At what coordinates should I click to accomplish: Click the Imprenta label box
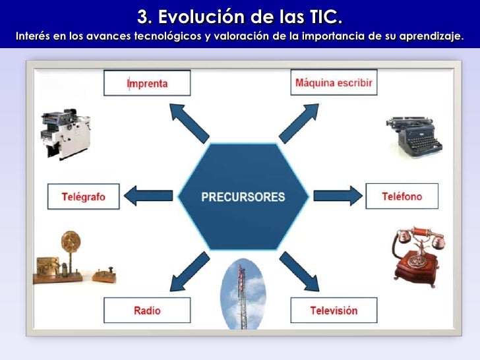pyautogui.click(x=147, y=83)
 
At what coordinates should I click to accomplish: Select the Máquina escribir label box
pyautogui.click(x=334, y=83)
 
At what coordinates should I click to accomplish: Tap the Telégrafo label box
pyautogui.click(x=84, y=196)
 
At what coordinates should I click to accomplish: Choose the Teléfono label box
pyautogui.click(x=402, y=196)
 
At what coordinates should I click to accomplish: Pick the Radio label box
pyautogui.click(x=147, y=310)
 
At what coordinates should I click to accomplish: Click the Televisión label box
pyautogui.click(x=334, y=310)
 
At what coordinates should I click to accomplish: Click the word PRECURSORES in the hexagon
pyautogui.click(x=243, y=196)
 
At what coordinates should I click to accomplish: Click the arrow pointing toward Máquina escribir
pyautogui.click(x=299, y=123)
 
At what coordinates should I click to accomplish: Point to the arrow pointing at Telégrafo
pyautogui.click(x=148, y=196)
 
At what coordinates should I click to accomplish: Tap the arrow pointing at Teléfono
pyautogui.click(x=338, y=196)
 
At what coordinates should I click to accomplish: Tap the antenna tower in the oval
pyautogui.click(x=243, y=294)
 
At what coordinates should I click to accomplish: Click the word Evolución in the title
pyautogui.click(x=201, y=15)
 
